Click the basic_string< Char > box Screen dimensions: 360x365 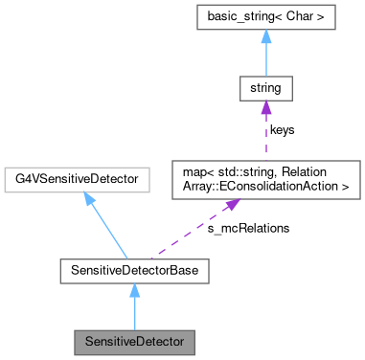[x=264, y=19]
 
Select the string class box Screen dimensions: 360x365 [x=264, y=92]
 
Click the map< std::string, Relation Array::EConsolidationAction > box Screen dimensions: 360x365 [x=264, y=178]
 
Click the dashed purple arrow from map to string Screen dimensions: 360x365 [x=264, y=134]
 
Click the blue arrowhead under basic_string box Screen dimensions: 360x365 [x=264, y=39]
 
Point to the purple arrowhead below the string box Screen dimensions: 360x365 [x=264, y=112]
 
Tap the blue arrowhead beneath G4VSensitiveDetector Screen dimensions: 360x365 [x=89, y=198]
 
